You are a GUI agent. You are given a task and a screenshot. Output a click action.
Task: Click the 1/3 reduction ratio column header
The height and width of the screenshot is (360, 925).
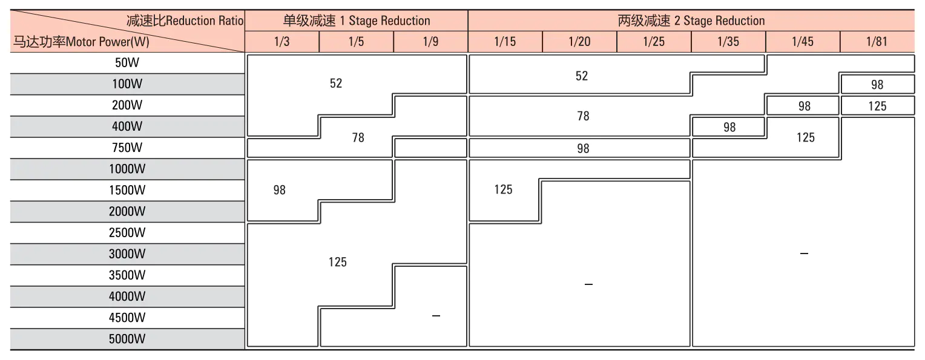pos(282,42)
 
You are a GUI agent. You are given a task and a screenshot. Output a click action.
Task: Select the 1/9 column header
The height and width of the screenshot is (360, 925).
pos(430,42)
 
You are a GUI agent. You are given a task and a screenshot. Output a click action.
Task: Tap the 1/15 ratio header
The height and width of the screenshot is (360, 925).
pos(505,42)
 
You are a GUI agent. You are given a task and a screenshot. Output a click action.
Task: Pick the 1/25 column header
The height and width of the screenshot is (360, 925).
pos(654,42)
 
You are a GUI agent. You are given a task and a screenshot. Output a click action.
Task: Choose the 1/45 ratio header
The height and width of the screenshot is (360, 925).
pos(803,42)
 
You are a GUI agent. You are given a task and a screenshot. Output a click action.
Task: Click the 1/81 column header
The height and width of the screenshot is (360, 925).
pos(877,42)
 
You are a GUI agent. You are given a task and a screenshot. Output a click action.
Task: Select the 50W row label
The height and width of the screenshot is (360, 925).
pos(127,62)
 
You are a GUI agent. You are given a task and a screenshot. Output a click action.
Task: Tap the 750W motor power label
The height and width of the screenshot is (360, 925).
pos(127,148)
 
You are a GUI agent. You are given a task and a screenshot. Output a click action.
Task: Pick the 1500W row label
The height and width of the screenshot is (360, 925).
pos(127,190)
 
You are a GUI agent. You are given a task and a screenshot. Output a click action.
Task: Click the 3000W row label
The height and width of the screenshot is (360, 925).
pos(127,254)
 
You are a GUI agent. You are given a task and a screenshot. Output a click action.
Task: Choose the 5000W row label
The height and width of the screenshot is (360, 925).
pos(127,339)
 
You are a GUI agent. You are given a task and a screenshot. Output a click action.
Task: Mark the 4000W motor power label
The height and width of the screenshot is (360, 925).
pos(127,296)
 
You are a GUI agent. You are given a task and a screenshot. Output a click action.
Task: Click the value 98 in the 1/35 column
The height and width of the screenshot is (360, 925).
pos(729,127)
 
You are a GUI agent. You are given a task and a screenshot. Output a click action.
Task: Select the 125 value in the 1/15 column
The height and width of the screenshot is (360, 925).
pos(503,189)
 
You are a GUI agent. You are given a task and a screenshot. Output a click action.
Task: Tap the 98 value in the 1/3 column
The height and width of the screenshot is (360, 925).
pos(279,190)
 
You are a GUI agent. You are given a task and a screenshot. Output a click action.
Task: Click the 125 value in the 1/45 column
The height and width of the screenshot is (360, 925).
pos(805,137)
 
